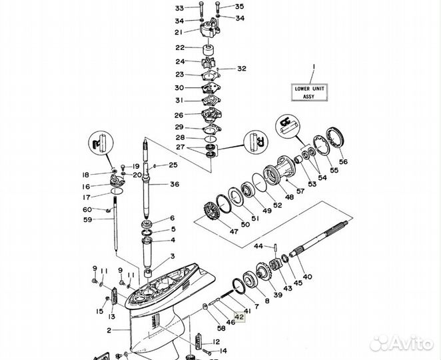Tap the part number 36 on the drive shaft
(x=174, y=184)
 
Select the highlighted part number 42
(x=239, y=319)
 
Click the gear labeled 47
(x=217, y=216)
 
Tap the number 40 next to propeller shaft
(x=306, y=276)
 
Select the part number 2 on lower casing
(x=109, y=331)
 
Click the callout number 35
(x=220, y=7)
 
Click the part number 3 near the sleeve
(x=172, y=256)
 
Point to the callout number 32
(x=241, y=69)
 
